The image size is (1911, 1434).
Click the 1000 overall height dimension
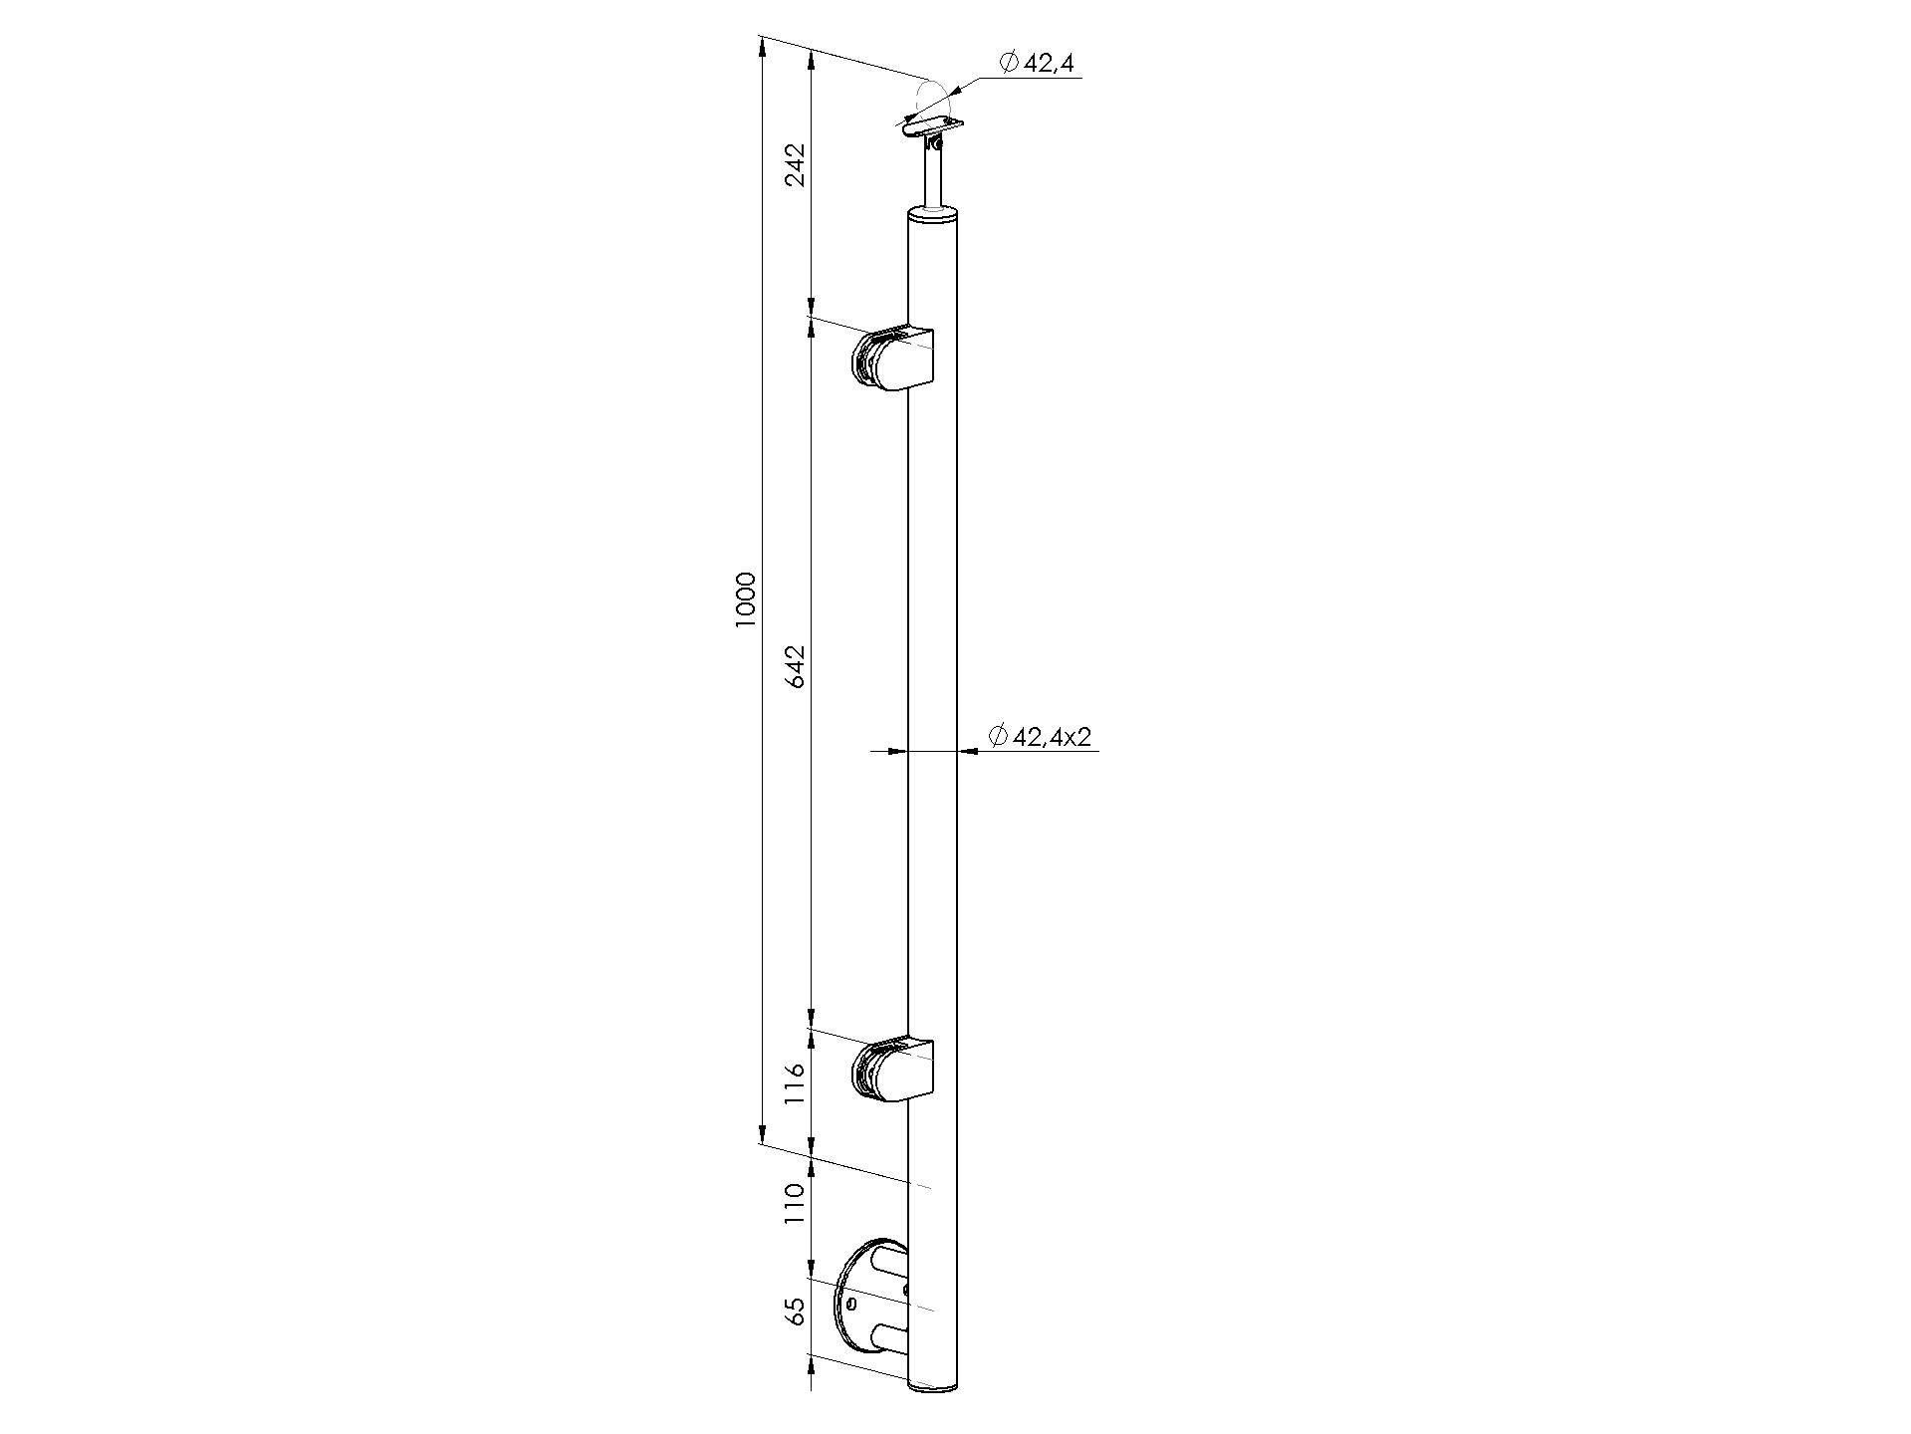(746, 599)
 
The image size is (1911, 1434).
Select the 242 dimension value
(796, 165)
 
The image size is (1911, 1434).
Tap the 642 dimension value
(796, 665)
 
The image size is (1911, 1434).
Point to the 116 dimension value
(795, 1083)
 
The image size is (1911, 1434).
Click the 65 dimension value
(795, 1312)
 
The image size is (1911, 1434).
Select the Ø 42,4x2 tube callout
(1040, 736)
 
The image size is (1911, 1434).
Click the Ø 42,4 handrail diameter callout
(1036, 63)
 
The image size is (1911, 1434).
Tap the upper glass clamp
(893, 359)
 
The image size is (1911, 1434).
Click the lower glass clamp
(893, 1071)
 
